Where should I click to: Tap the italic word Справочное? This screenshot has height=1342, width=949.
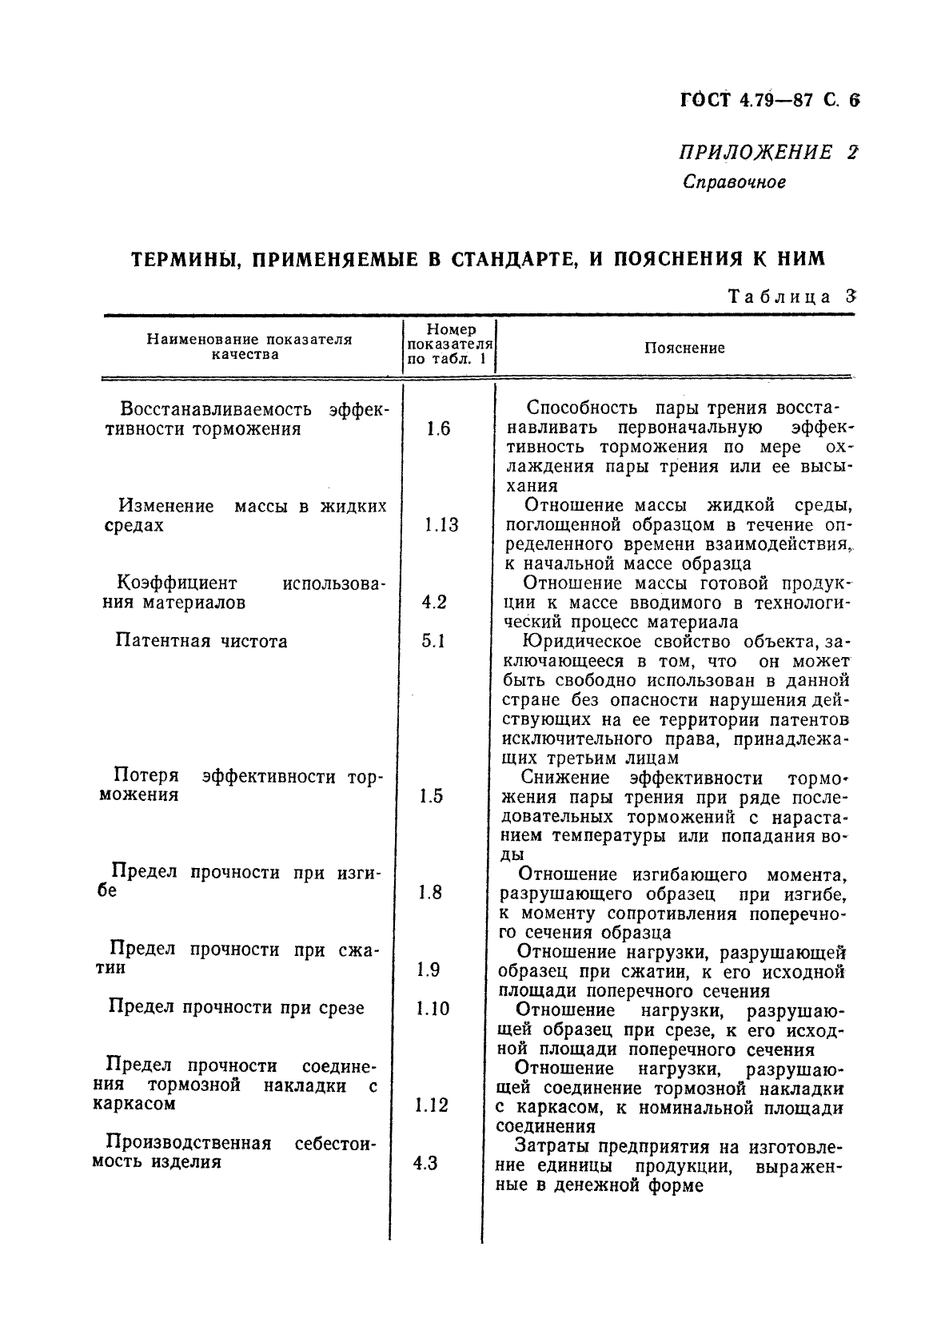734,182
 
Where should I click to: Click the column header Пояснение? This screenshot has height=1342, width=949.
684,348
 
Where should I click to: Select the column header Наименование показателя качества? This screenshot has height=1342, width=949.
249,347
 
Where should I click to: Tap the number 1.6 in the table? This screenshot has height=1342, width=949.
438,429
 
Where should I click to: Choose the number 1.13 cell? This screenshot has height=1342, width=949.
441,525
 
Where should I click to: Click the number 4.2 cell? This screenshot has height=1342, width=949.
433,602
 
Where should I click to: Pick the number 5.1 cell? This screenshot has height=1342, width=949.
433,641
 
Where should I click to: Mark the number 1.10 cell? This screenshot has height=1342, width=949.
433,1009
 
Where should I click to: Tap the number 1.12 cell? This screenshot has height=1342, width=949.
432,1105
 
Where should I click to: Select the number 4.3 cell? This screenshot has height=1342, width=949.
425,1163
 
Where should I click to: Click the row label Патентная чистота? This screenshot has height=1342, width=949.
201,641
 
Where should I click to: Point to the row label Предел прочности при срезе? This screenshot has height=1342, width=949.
236,1008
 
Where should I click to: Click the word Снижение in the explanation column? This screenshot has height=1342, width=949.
564,778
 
